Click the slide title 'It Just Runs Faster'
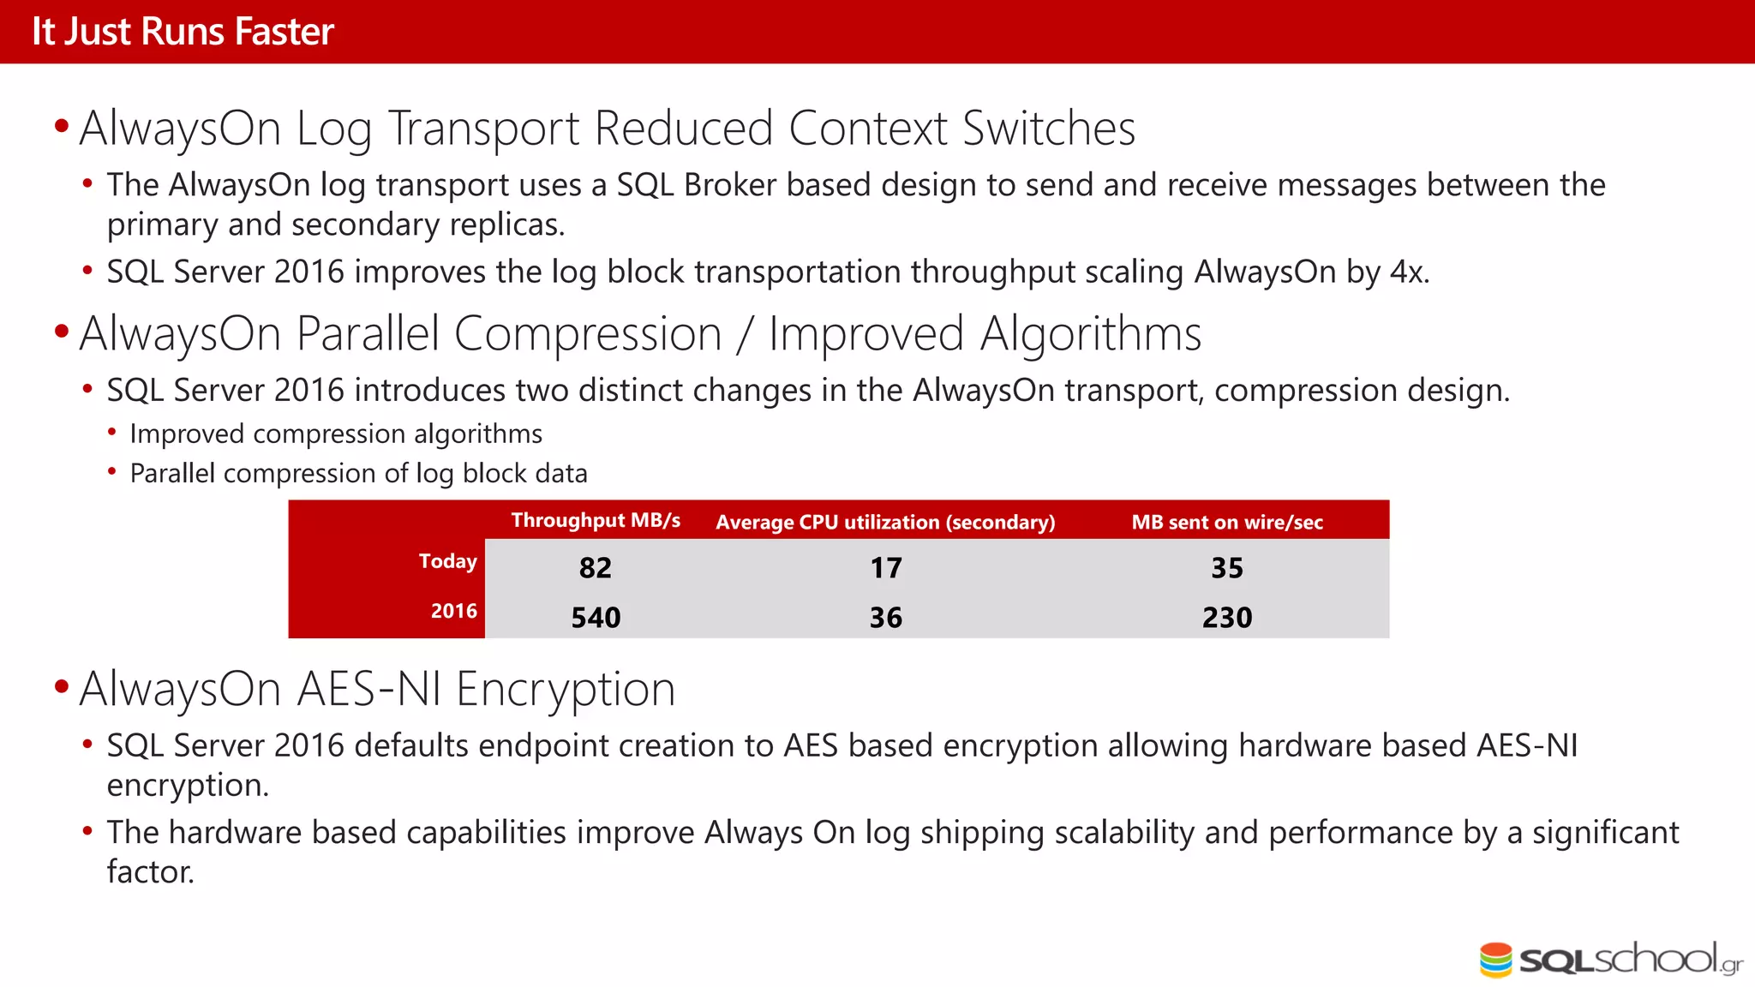(x=183, y=32)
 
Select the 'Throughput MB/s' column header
(x=596, y=521)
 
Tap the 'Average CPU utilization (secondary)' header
(x=885, y=523)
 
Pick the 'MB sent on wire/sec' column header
(x=1227, y=523)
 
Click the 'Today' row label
(x=447, y=561)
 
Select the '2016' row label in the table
(x=453, y=611)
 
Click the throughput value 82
(x=596, y=568)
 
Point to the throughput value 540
(x=596, y=618)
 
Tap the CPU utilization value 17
(x=886, y=568)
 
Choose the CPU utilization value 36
(x=886, y=618)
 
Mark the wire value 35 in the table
(x=1227, y=568)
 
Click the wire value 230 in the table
(x=1227, y=618)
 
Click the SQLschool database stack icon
(x=1496, y=960)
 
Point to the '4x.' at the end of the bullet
(x=1409, y=272)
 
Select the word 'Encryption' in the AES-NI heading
(x=566, y=690)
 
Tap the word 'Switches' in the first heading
(x=1049, y=129)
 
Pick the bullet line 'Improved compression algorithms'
(x=336, y=434)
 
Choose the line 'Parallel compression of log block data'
(x=358, y=474)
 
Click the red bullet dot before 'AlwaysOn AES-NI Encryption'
(x=61, y=687)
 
